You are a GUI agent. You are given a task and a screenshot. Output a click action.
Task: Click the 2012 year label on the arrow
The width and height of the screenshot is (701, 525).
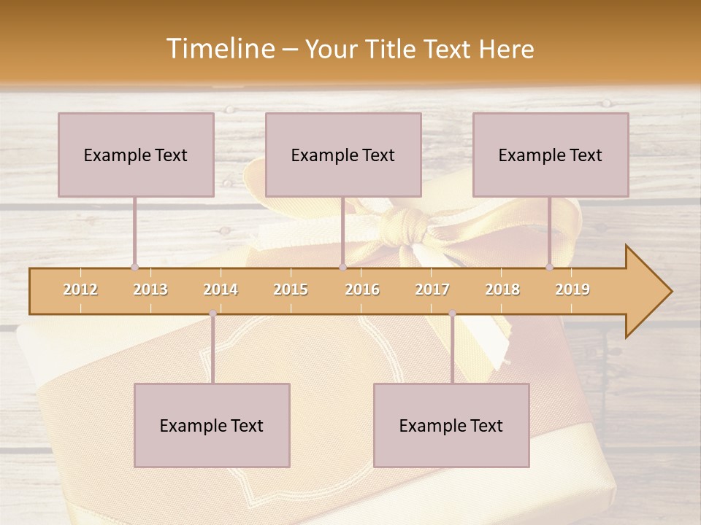point(80,289)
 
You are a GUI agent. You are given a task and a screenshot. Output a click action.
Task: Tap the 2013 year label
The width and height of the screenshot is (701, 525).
point(150,289)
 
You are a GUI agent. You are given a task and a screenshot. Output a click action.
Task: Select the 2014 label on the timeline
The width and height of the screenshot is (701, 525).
point(221,289)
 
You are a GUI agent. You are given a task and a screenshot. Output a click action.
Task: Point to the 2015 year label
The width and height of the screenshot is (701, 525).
point(291,289)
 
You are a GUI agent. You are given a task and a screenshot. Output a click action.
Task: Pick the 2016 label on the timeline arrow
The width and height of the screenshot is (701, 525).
point(362,289)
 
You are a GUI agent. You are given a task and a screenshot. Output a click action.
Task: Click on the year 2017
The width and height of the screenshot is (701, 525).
point(432,289)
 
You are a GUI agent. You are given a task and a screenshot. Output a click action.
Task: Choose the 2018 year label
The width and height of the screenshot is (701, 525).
point(502,289)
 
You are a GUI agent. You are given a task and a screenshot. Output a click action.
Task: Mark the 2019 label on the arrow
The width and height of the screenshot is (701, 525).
point(572,289)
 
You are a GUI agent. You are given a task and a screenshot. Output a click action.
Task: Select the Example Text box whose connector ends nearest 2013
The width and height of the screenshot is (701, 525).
point(136,155)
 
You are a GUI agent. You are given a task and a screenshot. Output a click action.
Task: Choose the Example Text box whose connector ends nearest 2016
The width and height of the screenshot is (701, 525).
point(343,155)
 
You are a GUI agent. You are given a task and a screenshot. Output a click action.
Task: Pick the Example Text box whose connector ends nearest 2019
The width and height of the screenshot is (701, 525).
point(551,155)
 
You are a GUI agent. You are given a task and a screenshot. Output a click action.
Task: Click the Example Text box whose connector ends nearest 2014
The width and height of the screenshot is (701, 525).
point(212,425)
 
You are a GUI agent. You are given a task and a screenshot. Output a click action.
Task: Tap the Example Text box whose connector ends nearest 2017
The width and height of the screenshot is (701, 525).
point(451,425)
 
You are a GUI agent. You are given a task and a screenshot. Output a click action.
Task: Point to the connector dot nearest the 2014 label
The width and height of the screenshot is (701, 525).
point(212,314)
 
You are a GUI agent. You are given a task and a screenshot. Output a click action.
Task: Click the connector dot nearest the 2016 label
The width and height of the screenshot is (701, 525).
point(343,267)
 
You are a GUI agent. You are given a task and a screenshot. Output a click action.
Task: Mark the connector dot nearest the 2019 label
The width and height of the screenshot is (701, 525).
point(550,267)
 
